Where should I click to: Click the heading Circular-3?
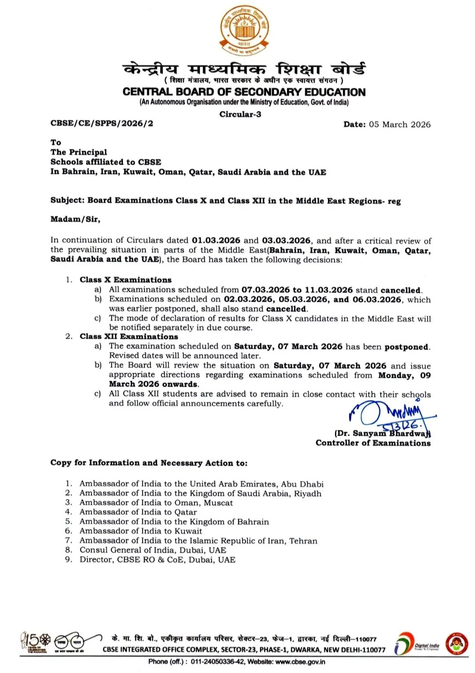[x=240, y=114]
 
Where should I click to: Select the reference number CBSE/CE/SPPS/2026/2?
[x=102, y=123]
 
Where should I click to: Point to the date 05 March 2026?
[x=400, y=124]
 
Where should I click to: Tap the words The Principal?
[x=79, y=152]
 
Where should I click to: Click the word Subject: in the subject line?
[x=67, y=200]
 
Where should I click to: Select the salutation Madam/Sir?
[x=75, y=219]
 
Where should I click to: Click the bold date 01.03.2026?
[x=216, y=240]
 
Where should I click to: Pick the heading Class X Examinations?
[x=125, y=280]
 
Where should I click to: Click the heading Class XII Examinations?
[x=129, y=336]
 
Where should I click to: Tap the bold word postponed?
[x=406, y=347]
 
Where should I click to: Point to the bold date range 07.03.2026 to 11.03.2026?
[x=297, y=290]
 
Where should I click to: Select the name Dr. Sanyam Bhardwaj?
[x=382, y=433]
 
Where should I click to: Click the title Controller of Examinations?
[x=373, y=443]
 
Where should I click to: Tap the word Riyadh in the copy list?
[x=308, y=493]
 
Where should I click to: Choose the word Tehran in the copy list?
[x=303, y=541]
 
